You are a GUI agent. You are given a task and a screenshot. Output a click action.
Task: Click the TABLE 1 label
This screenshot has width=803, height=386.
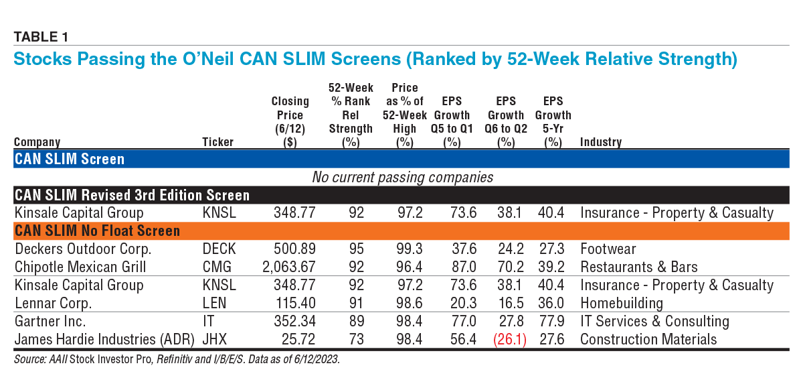(41, 37)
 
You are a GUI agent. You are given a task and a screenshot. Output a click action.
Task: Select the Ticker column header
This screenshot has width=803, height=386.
(218, 142)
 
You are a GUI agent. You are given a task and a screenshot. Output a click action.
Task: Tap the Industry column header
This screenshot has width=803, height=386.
(600, 142)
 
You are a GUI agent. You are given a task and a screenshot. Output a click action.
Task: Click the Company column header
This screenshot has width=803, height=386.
(37, 142)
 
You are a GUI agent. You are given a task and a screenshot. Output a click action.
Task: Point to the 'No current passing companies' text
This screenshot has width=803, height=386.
(402, 178)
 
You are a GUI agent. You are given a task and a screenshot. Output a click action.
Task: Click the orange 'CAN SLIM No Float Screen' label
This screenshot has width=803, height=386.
(97, 231)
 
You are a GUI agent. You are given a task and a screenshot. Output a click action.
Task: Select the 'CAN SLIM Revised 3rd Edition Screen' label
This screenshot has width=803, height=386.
(132, 196)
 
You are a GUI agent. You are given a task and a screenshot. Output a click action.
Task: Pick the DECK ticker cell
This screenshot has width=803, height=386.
(219, 249)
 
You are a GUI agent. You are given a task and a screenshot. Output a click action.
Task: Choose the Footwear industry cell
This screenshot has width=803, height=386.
(608, 249)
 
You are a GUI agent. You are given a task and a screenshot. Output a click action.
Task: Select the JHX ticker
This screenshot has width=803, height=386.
(215, 339)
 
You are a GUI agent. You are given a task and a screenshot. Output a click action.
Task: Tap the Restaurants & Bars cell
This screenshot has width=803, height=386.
(638, 267)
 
